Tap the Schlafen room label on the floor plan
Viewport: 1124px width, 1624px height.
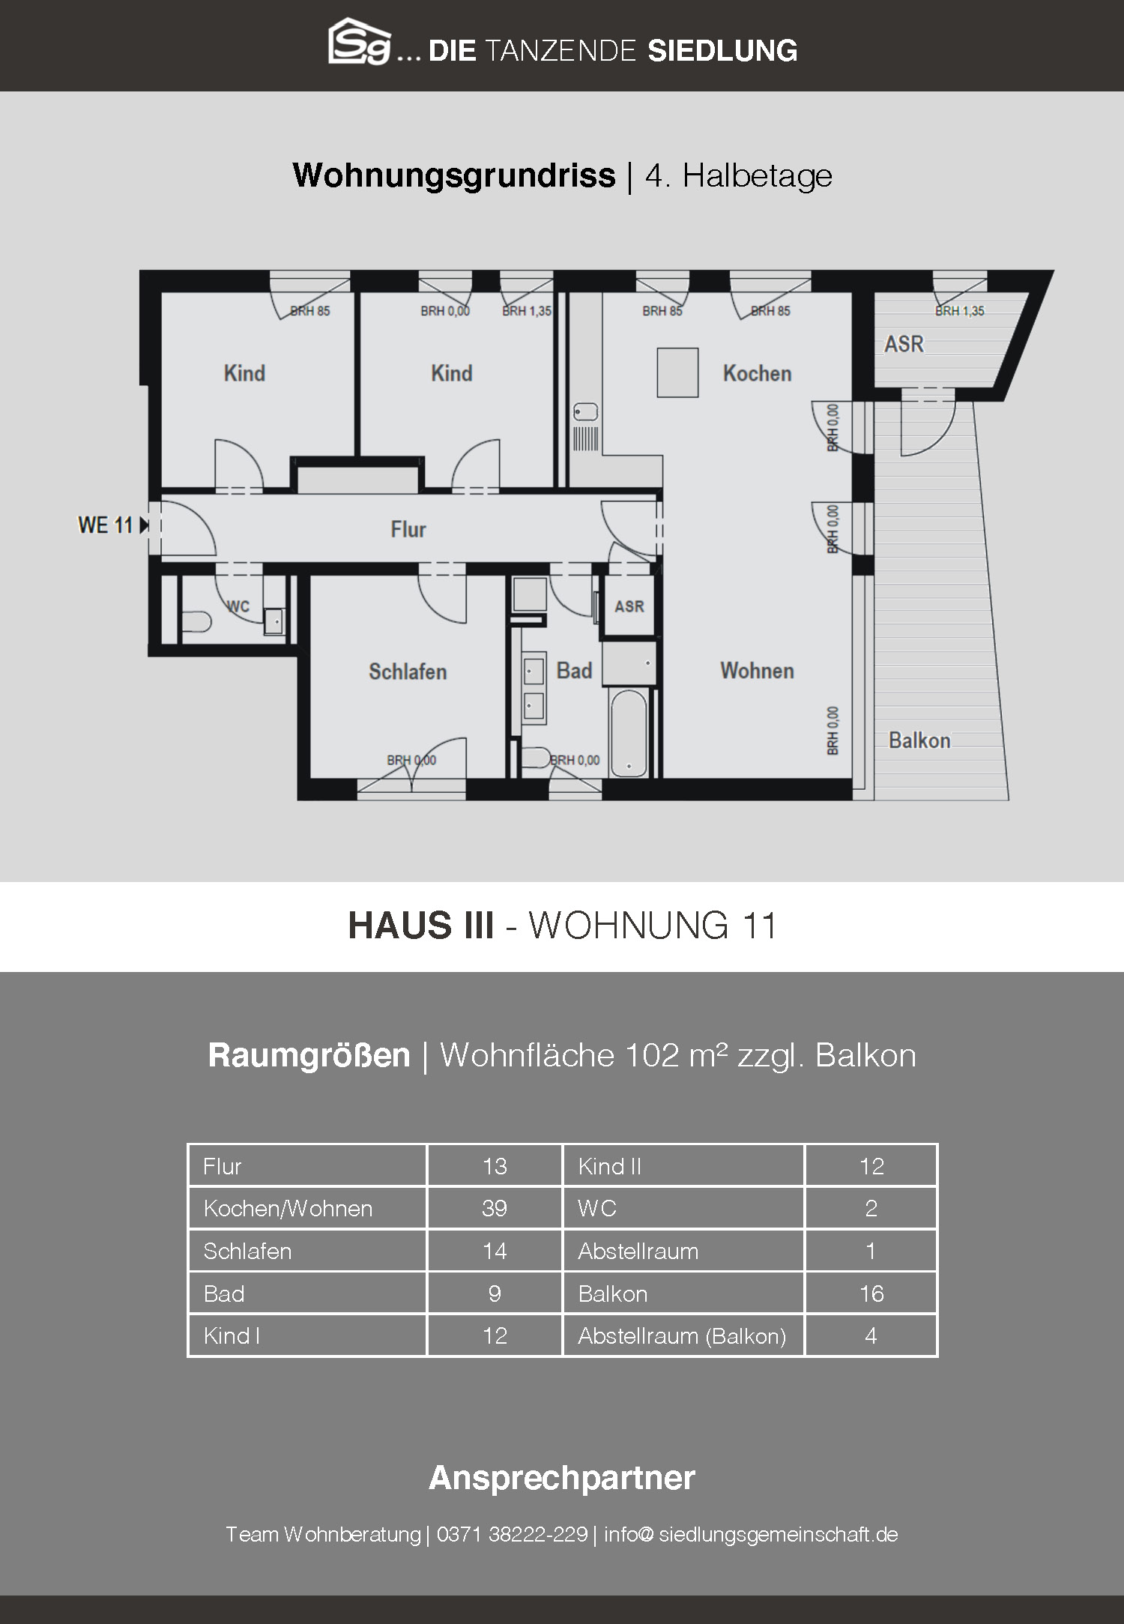tap(408, 671)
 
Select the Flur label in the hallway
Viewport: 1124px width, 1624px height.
tap(408, 530)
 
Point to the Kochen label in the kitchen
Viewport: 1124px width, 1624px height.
tap(757, 373)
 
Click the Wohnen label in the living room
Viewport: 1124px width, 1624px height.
tap(757, 671)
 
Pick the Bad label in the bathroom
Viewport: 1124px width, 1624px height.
tap(574, 671)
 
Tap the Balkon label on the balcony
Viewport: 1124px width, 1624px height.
tap(919, 740)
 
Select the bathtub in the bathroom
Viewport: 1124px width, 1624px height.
tap(627, 734)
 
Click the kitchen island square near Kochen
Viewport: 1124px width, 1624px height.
tap(677, 372)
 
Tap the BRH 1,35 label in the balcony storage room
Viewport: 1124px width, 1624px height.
tap(960, 311)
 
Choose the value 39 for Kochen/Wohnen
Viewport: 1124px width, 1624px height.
tap(495, 1208)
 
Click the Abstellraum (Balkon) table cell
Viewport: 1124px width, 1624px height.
tap(682, 1335)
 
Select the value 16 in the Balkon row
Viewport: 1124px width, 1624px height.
tap(871, 1294)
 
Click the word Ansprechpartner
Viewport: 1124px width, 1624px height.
tap(562, 1477)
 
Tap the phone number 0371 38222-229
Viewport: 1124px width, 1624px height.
tap(512, 1534)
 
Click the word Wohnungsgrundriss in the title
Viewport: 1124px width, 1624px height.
tap(454, 176)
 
